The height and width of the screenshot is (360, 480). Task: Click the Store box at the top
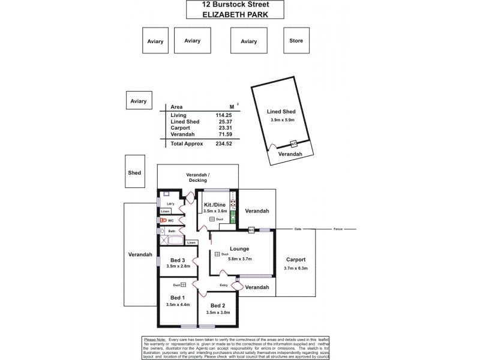[296, 41]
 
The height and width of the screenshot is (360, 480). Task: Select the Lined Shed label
[281, 112]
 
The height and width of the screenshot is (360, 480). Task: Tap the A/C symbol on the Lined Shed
[294, 145]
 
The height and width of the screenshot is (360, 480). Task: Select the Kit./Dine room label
[215, 204]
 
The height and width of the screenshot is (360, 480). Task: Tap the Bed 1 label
[178, 298]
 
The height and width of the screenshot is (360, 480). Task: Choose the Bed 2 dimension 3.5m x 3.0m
[218, 313]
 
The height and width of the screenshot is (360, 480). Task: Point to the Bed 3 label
[178, 260]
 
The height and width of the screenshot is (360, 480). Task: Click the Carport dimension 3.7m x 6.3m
[295, 268]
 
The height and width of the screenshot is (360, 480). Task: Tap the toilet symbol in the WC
[162, 220]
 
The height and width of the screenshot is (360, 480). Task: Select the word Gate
[298, 229]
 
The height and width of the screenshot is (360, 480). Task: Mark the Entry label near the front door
[224, 285]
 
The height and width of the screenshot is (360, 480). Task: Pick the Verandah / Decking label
[197, 177]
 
